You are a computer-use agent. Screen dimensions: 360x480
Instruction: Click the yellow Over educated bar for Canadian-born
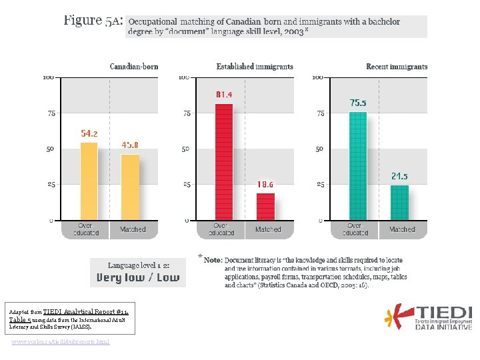[x=89, y=181]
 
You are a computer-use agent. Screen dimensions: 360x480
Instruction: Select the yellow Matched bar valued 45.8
[x=130, y=187]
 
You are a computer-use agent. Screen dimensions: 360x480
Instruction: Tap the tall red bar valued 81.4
[x=224, y=161]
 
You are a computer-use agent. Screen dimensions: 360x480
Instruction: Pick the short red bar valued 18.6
[x=265, y=206]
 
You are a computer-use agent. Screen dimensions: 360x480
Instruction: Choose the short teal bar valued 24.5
[x=399, y=202]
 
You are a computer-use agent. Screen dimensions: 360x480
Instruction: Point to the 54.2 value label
[x=89, y=134]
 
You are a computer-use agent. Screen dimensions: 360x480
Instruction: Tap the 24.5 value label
[x=399, y=177]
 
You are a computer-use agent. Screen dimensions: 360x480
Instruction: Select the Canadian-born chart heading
[x=134, y=67]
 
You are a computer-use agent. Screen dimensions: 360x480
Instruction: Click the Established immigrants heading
[x=255, y=67]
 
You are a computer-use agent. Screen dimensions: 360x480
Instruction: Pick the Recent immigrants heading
[x=397, y=67]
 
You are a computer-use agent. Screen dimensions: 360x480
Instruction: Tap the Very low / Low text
[x=138, y=277]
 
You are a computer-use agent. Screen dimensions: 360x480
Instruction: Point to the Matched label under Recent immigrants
[x=402, y=229]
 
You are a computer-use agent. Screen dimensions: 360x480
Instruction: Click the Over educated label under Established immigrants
[x=221, y=229]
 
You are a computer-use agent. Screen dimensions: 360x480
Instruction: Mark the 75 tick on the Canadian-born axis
[x=51, y=114]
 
